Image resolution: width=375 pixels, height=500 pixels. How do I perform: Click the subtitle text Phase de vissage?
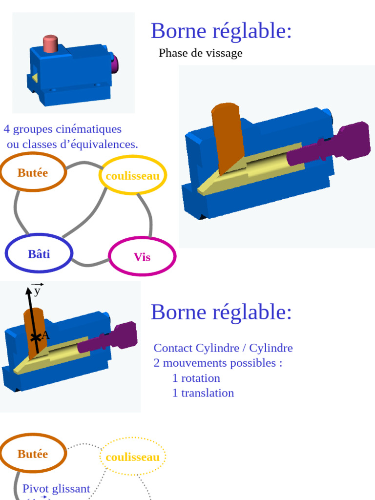point(200,53)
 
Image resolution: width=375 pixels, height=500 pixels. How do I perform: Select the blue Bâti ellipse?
point(39,254)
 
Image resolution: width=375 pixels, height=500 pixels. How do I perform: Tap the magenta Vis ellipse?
point(142,257)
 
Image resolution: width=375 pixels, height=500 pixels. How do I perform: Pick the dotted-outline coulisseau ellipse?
point(132,457)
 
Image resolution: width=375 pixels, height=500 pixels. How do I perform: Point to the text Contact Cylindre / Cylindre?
point(223,348)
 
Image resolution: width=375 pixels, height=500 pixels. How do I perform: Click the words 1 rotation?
point(196,378)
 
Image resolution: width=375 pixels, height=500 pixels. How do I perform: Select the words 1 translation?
point(203,393)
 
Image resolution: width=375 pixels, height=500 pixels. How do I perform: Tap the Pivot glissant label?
point(56,488)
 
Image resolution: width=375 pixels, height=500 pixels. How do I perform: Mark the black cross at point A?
point(35,337)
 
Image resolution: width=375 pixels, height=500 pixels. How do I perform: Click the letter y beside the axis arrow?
point(37,291)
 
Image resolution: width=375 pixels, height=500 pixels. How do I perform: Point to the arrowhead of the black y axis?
point(28,291)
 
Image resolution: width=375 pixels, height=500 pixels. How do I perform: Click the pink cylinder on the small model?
point(50,43)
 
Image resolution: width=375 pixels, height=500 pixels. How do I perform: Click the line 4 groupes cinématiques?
point(62,129)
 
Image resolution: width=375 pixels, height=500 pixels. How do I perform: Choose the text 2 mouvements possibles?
point(218,363)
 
